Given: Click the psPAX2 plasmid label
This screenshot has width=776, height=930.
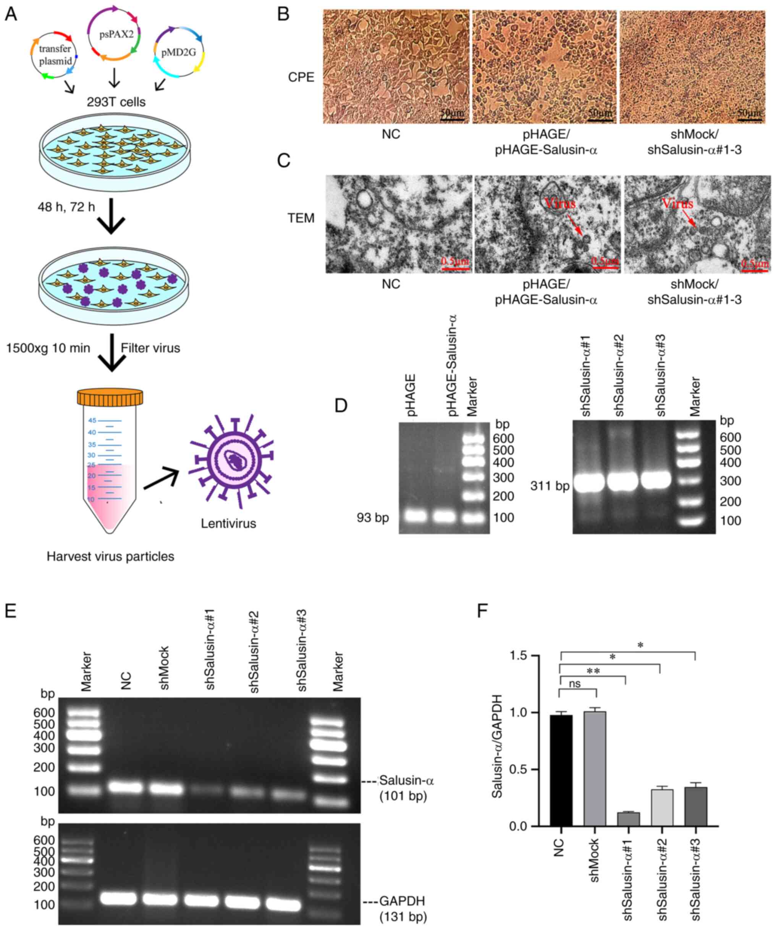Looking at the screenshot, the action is pyautogui.click(x=116, y=34).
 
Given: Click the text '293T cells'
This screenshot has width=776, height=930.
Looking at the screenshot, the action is pyautogui.click(x=116, y=102).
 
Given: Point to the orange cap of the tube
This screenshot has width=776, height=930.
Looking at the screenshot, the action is pyautogui.click(x=110, y=397).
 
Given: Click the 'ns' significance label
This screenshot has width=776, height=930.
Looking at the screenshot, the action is pyautogui.click(x=574, y=683).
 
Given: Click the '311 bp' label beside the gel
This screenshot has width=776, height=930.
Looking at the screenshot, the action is pyautogui.click(x=550, y=486).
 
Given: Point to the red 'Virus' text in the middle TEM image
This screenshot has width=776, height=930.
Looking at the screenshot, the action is pyautogui.click(x=560, y=203).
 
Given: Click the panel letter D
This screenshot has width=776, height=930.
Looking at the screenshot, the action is pyautogui.click(x=341, y=406).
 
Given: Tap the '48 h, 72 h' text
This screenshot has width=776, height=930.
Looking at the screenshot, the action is pyautogui.click(x=66, y=207).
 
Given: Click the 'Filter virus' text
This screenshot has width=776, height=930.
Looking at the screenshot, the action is pyautogui.click(x=150, y=348).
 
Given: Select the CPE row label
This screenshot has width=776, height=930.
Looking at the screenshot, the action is pyautogui.click(x=301, y=77).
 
